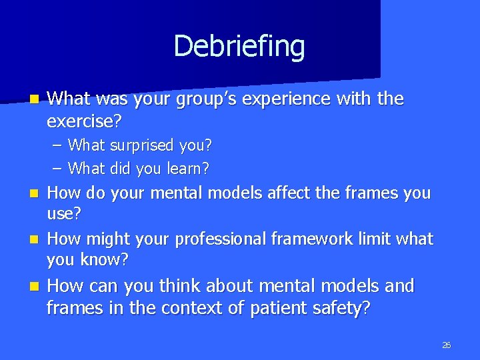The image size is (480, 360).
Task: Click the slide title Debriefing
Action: [239, 47]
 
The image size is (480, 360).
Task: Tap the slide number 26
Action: [446, 345]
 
